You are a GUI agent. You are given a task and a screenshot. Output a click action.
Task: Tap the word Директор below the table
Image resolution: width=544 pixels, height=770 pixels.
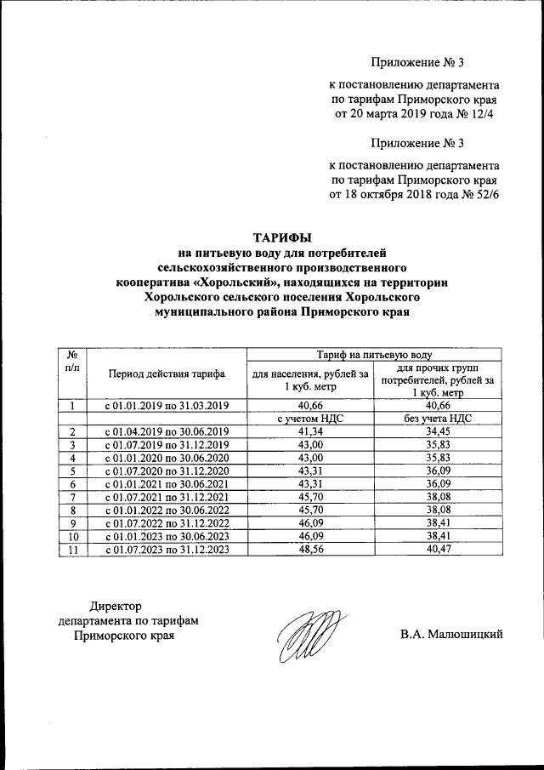click(x=116, y=605)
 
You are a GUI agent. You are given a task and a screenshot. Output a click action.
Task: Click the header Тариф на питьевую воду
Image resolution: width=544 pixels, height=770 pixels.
click(x=375, y=353)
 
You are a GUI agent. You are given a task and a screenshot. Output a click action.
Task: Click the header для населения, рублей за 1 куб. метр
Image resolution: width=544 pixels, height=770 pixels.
click(x=307, y=379)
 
